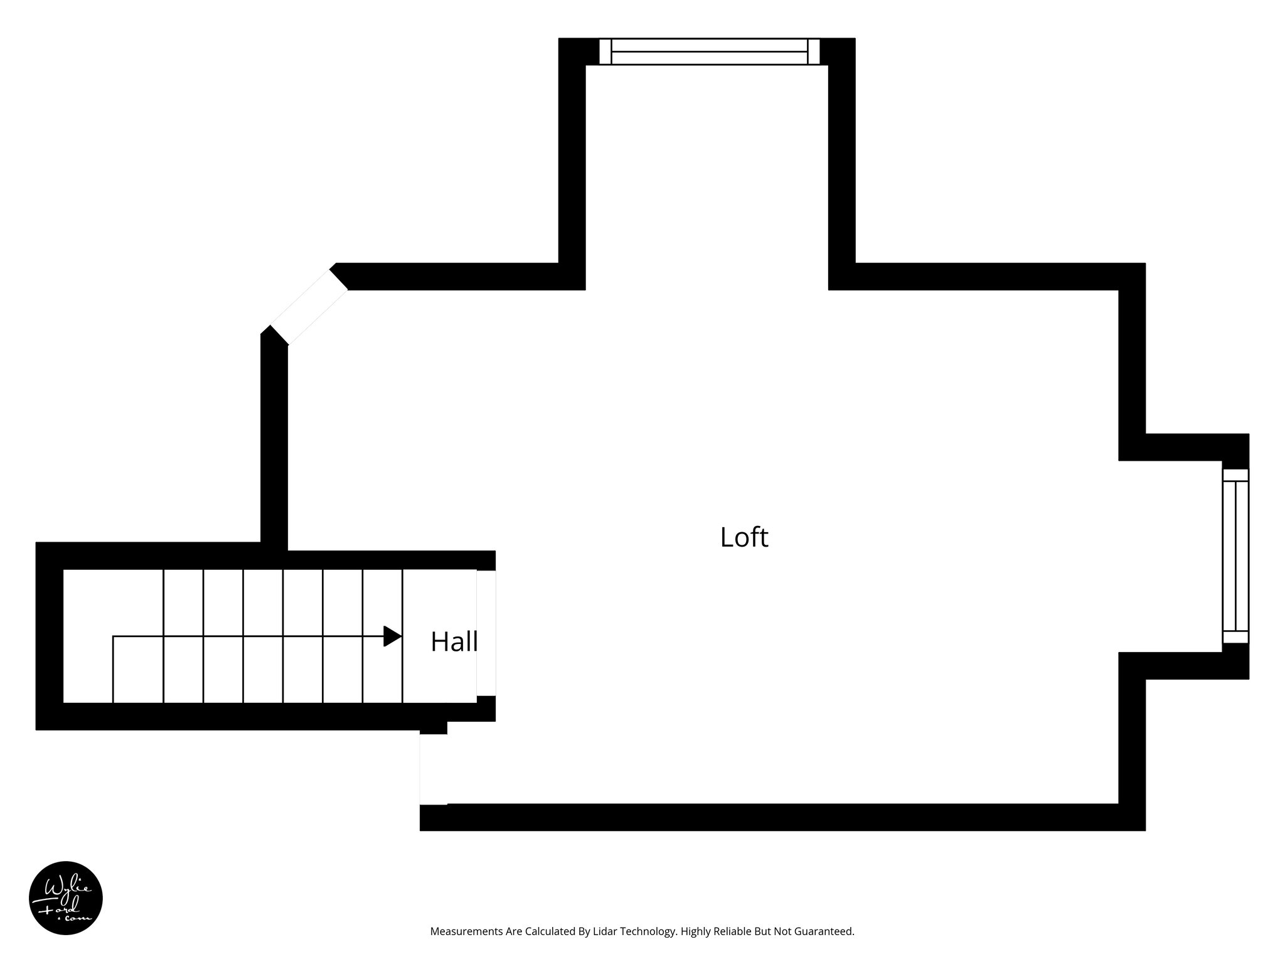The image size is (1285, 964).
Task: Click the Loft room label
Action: [x=744, y=538]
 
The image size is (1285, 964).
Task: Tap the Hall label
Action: [x=454, y=641]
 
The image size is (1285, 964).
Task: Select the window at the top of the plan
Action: [x=709, y=51]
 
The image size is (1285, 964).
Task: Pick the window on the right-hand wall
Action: [x=1235, y=555]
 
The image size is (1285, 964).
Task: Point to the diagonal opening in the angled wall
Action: [x=308, y=308]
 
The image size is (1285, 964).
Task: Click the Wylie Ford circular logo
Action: [x=66, y=897]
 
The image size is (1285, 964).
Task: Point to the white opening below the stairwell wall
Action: [x=433, y=769]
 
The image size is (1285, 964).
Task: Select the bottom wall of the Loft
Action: [x=778, y=817]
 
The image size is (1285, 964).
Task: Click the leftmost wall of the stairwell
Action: [x=50, y=636]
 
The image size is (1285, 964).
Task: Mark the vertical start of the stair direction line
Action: [x=113, y=669]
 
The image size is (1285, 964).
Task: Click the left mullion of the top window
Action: [x=605, y=51]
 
